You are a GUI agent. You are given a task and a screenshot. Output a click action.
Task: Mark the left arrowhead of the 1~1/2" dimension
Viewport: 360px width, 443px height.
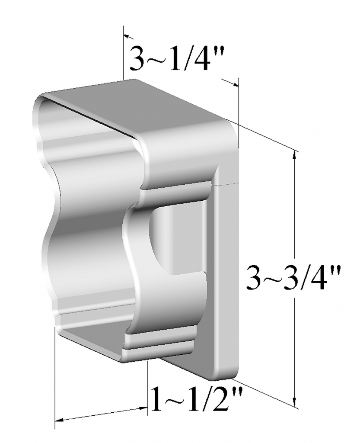coord(60,420)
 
